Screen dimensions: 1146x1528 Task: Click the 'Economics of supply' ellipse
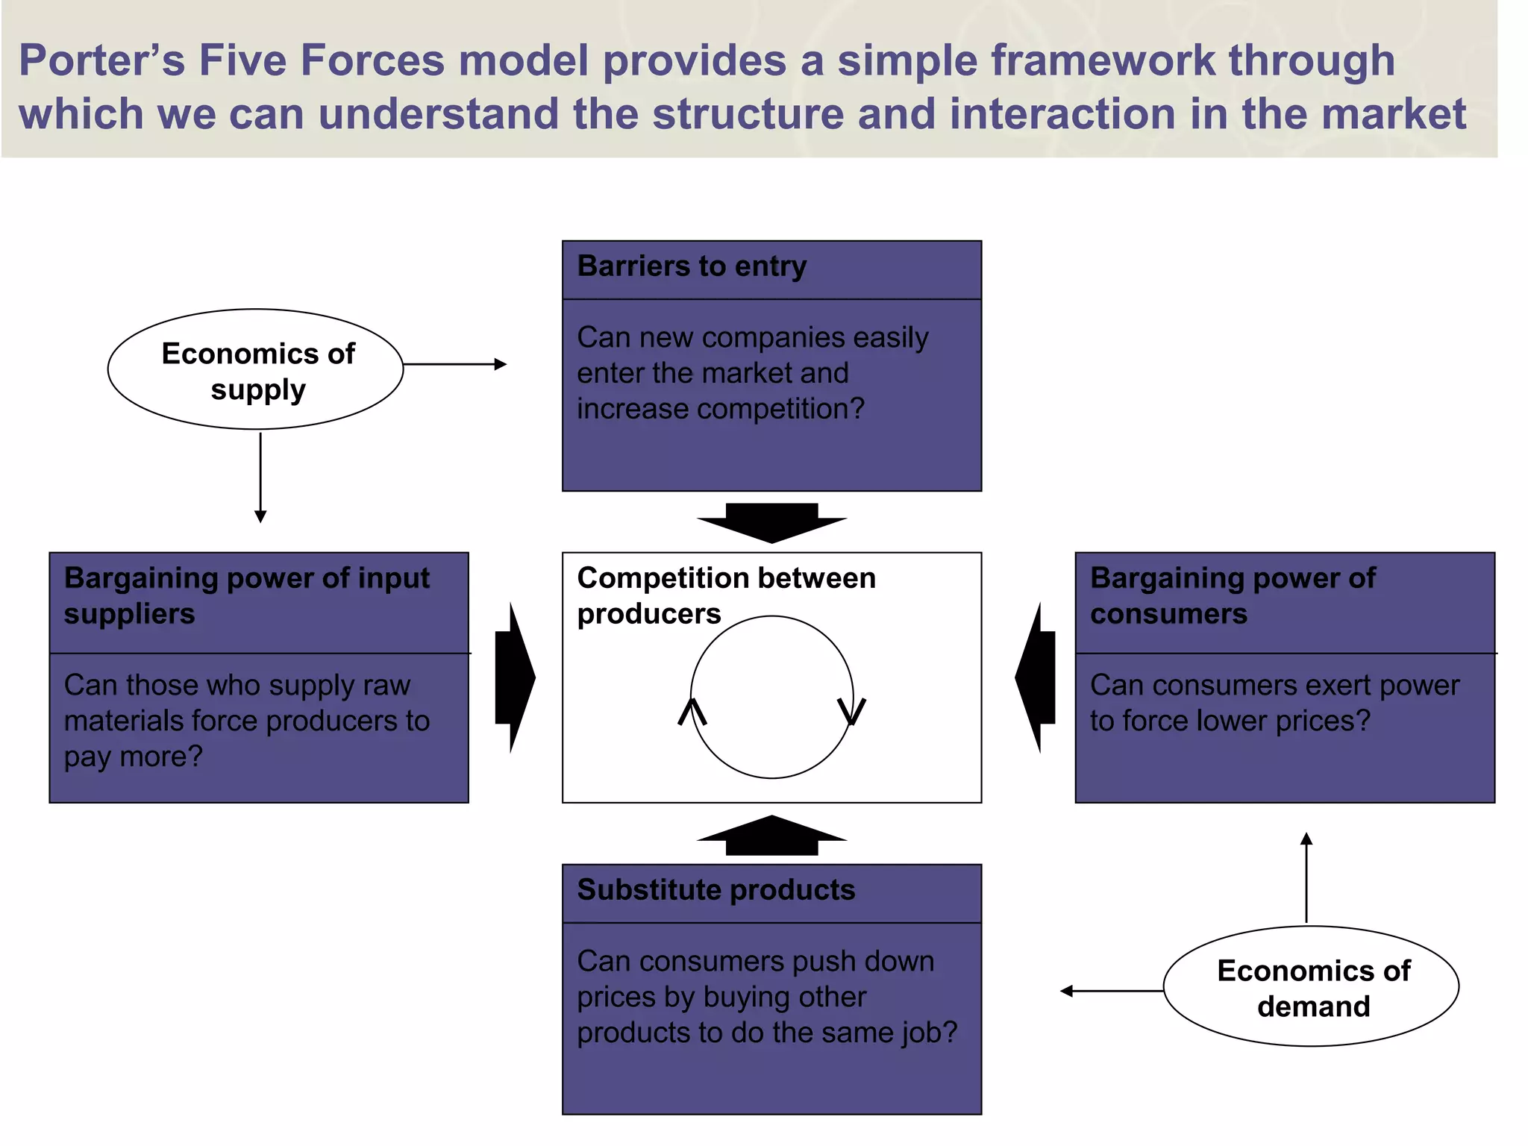pyautogui.click(x=255, y=369)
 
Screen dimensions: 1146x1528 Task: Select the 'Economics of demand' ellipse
pyautogui.click(x=1311, y=986)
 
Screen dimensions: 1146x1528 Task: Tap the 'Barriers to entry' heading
pyautogui.click(x=692, y=266)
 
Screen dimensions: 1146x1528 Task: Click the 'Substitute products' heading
pyautogui.click(x=716, y=890)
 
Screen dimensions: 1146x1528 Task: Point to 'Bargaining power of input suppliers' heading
pyautogui.click(x=246, y=595)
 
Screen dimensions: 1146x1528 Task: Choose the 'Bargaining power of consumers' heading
pyautogui.click(x=1232, y=595)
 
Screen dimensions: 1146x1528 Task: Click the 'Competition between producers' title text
pyautogui.click(x=725, y=595)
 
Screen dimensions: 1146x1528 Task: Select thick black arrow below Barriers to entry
pyautogui.click(x=771, y=522)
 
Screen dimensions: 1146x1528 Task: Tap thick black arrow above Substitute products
pyautogui.click(x=771, y=836)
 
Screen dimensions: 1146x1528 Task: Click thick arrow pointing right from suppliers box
pyautogui.click(x=514, y=677)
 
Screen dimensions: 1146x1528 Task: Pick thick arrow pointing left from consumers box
pyautogui.click(x=1036, y=677)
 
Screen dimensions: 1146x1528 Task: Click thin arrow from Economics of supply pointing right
pyautogui.click(x=455, y=364)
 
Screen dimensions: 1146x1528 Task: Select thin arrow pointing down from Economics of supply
pyautogui.click(x=260, y=477)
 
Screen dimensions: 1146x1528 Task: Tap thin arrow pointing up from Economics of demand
pyautogui.click(x=1306, y=877)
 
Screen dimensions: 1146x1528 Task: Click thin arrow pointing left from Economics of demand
pyautogui.click(x=1112, y=991)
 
